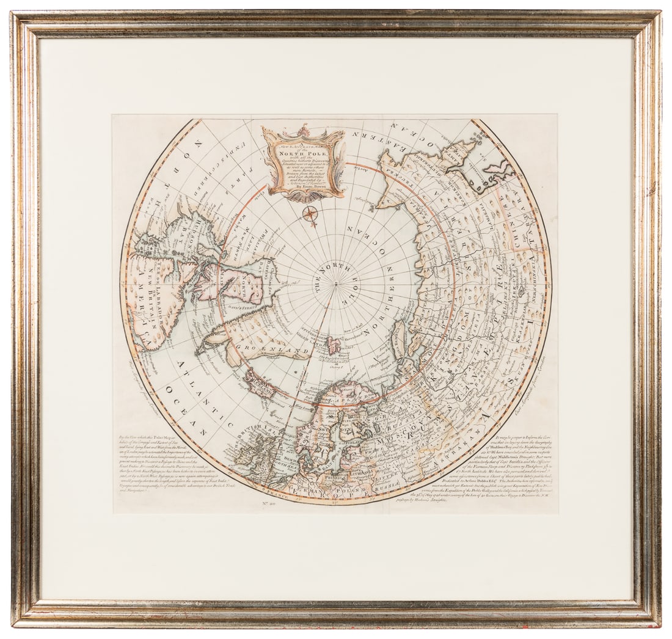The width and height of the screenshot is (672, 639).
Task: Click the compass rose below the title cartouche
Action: (x=310, y=213)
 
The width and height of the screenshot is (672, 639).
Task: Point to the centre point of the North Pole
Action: (x=335, y=283)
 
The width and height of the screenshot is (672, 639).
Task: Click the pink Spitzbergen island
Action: (x=334, y=345)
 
